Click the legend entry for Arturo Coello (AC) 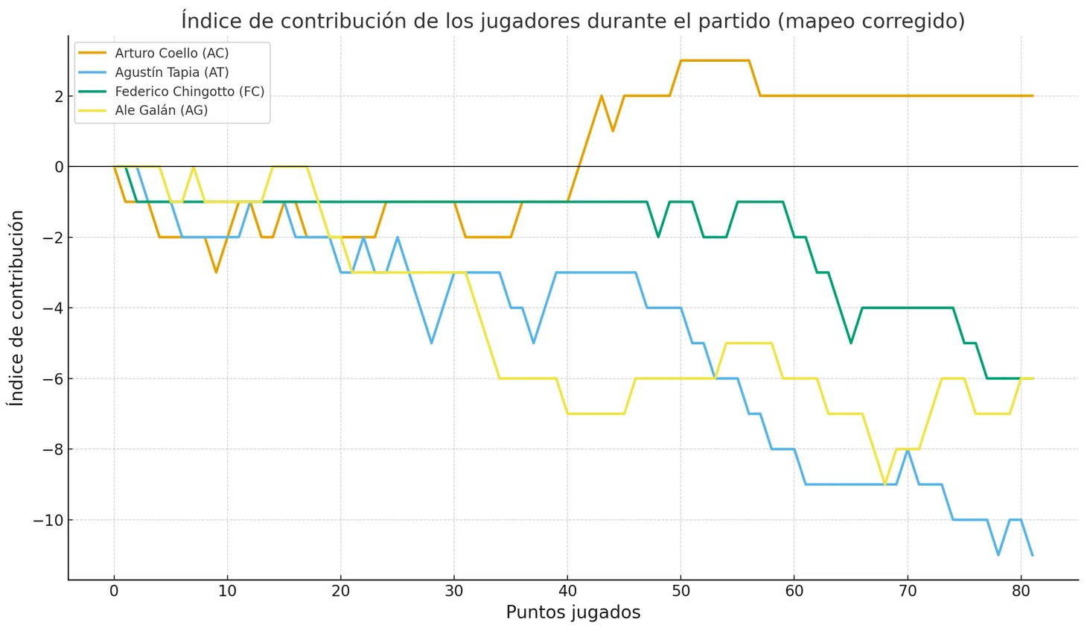171,54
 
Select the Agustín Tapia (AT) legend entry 171,72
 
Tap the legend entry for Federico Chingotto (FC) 189,92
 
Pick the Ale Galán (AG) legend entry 161,110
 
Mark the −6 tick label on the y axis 53,378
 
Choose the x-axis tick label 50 680,592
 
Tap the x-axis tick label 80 1021,592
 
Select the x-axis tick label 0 114,592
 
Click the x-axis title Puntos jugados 573,613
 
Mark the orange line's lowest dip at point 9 216,272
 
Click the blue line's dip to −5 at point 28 431,343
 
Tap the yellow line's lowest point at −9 884,484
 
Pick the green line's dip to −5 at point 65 850,343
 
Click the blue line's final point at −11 1032,555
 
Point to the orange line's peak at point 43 602,96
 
